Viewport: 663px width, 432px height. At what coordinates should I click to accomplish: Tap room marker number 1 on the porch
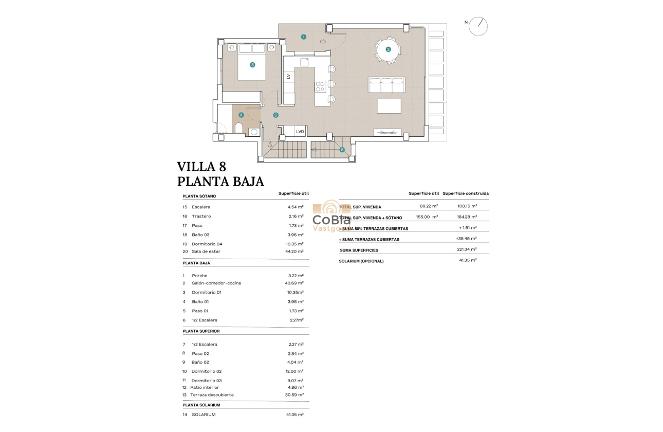(x=304, y=37)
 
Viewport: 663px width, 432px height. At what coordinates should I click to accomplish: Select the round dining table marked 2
(x=389, y=49)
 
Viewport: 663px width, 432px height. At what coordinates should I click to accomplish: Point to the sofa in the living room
(x=386, y=84)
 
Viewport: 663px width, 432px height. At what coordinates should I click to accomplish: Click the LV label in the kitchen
(x=288, y=77)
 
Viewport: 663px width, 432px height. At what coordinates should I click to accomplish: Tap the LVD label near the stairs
(x=300, y=132)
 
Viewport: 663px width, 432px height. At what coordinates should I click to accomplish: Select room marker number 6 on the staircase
(x=342, y=150)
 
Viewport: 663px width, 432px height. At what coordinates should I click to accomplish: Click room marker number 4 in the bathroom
(x=241, y=115)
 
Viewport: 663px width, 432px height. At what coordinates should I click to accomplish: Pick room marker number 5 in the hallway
(x=276, y=115)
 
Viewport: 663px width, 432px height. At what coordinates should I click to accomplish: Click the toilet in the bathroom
(x=239, y=128)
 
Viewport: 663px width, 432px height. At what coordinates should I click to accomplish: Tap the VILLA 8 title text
(x=201, y=167)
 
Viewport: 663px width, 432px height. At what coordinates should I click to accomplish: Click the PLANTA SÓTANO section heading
(x=199, y=196)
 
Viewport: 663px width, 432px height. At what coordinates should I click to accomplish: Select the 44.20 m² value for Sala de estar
(x=296, y=251)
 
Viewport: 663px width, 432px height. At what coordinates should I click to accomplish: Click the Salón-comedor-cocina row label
(x=216, y=283)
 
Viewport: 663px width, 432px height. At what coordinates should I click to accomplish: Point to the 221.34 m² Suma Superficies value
(x=467, y=250)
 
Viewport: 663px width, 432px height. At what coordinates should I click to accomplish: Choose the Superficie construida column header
(x=465, y=193)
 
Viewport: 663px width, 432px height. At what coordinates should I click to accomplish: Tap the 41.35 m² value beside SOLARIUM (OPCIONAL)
(x=468, y=261)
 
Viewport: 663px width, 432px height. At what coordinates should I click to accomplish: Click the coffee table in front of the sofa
(x=389, y=106)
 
